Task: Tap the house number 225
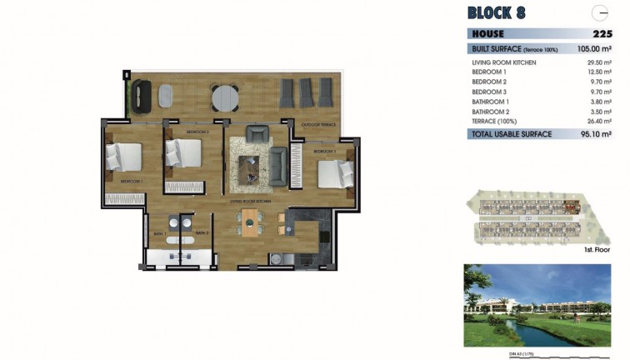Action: pyautogui.click(x=602, y=34)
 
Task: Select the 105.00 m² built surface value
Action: pyautogui.click(x=594, y=49)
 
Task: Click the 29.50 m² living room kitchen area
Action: pyautogui.click(x=596, y=63)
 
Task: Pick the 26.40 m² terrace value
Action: pyautogui.click(x=596, y=120)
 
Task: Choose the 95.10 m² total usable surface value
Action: pyautogui.click(x=595, y=134)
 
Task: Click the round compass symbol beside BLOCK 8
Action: pyautogui.click(x=599, y=13)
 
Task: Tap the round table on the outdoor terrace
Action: pyautogui.click(x=223, y=97)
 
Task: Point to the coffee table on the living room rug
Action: pyautogui.click(x=252, y=169)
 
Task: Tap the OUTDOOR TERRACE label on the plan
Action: pyautogui.click(x=318, y=125)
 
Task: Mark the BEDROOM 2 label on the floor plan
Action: pyautogui.click(x=197, y=132)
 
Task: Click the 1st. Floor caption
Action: pyautogui.click(x=595, y=248)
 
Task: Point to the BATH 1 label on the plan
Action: pyautogui.click(x=158, y=232)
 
